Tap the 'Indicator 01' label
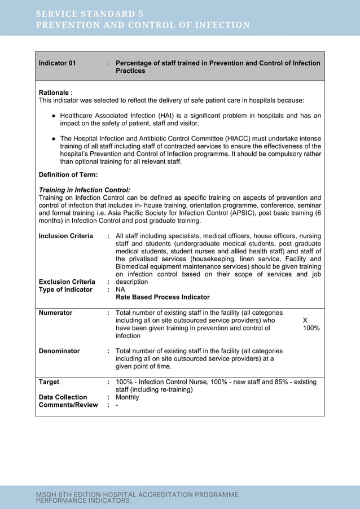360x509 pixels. point(57,63)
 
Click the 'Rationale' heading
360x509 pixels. point(54,92)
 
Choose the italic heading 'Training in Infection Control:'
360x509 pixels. point(84,190)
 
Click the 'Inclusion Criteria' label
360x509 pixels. point(65,236)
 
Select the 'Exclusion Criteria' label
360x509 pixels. point(67,282)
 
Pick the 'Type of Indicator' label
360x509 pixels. point(65,289)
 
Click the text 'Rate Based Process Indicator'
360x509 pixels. point(163,297)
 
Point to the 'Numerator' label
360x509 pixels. point(55,313)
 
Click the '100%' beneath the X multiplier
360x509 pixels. point(311,328)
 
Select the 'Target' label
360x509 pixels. point(49,382)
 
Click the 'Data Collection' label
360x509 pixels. point(63,397)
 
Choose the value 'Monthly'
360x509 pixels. point(127,397)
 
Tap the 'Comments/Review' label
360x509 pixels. point(68,405)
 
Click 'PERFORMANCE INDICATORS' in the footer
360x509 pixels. point(82,501)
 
